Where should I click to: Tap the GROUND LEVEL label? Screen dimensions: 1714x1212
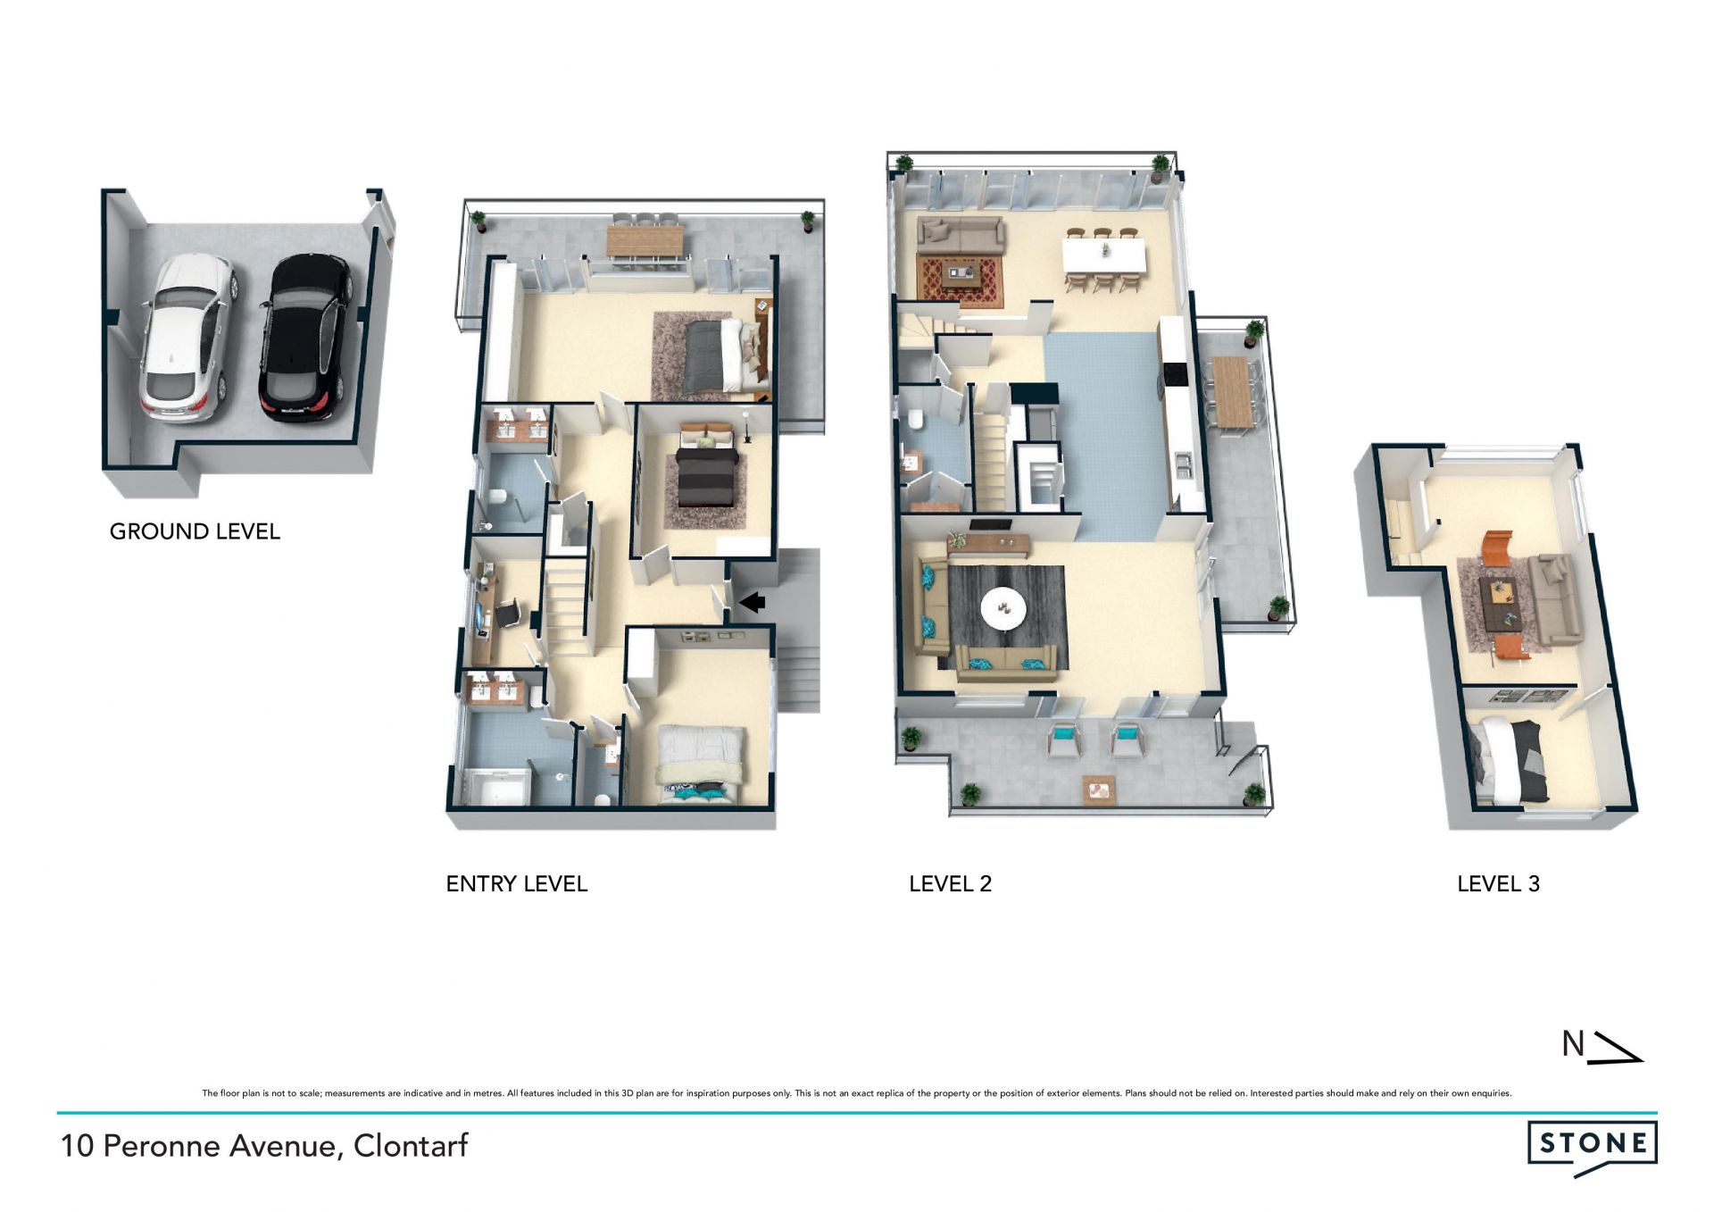click(x=195, y=531)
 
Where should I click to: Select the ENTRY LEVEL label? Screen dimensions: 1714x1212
click(x=516, y=884)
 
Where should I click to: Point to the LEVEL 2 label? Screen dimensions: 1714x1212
click(x=950, y=884)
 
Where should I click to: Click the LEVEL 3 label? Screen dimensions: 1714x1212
click(x=1498, y=884)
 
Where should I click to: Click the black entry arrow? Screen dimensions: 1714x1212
click(x=753, y=603)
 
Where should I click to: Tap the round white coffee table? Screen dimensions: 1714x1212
click(x=1003, y=608)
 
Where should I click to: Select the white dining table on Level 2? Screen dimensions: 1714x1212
click(x=1103, y=255)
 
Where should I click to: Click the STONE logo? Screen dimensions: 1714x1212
click(x=1593, y=1147)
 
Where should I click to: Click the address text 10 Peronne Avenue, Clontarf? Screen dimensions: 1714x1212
click(x=264, y=1146)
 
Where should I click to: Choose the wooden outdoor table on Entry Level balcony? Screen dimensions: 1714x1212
click(x=645, y=240)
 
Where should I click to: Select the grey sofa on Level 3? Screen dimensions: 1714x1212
click(x=1554, y=599)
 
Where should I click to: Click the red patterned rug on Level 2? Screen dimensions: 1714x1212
click(x=961, y=282)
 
